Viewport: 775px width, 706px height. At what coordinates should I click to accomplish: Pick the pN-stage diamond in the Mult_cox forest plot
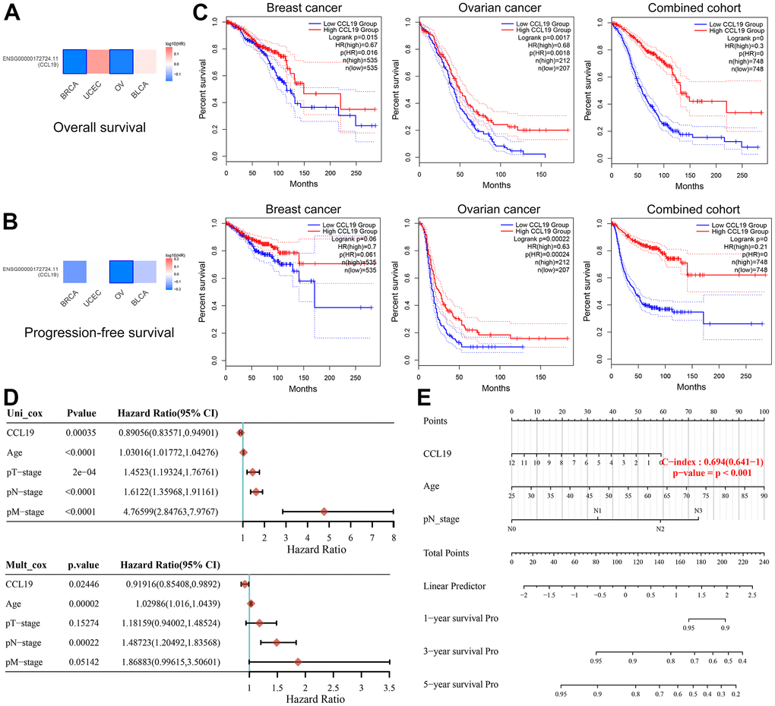pyautogui.click(x=276, y=642)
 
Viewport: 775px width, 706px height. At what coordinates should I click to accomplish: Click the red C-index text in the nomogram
pyautogui.click(x=711, y=462)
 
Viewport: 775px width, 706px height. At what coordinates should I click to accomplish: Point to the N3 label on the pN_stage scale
pyautogui.click(x=694, y=511)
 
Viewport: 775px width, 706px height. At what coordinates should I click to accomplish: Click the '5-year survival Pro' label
pyautogui.click(x=457, y=686)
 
